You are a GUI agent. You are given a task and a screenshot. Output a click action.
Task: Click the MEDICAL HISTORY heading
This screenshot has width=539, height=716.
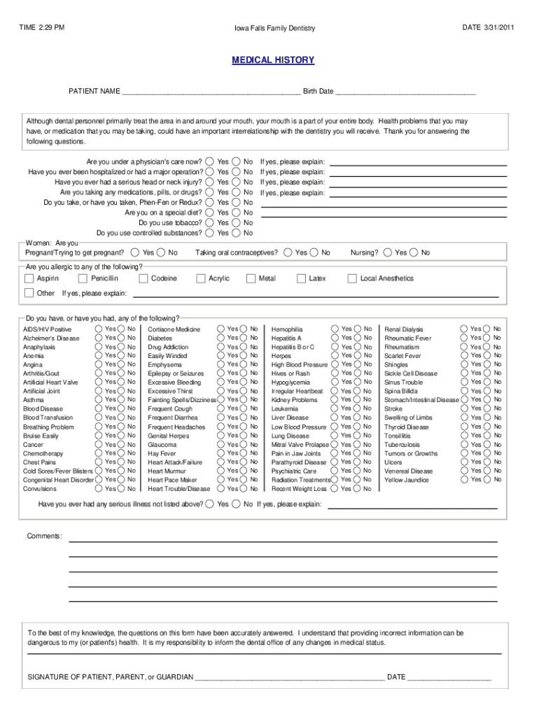pos(273,60)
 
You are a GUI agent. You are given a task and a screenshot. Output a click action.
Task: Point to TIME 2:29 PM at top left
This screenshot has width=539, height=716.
pos(41,27)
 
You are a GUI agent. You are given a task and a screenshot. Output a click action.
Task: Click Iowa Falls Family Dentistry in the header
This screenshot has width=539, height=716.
pos(274,28)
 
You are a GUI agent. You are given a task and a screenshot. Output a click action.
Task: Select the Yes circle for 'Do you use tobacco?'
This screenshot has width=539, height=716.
pos(210,222)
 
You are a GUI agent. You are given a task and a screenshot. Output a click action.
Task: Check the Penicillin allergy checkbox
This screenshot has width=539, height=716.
pos(85,278)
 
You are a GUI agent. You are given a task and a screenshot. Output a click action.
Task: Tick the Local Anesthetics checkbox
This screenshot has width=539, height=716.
pos(353,278)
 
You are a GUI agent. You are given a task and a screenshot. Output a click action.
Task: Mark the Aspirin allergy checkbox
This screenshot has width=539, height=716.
pos(29,278)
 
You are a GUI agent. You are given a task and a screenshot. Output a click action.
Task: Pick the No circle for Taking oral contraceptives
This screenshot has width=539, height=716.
pos(314,252)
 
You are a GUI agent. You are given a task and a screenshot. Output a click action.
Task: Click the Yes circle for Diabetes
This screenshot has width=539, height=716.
pos(220,338)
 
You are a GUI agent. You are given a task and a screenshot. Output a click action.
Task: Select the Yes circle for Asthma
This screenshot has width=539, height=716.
pos(99,400)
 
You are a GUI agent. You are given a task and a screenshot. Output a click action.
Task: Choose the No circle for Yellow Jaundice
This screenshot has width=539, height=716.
pos(486,480)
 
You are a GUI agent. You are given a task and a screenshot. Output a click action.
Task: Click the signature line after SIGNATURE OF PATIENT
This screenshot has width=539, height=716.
pos(289,678)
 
